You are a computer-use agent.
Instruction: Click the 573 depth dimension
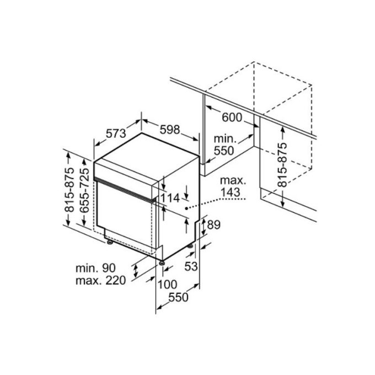[x=116, y=133]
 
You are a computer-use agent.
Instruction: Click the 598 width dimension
[x=170, y=130]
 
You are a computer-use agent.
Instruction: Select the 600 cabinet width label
[x=233, y=117]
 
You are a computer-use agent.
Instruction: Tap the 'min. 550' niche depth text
[x=224, y=144]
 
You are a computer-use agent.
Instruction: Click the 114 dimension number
[x=171, y=197]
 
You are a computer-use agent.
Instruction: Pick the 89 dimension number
[x=215, y=224]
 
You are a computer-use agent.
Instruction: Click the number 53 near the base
[x=191, y=266]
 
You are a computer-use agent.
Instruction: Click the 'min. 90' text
[x=96, y=268]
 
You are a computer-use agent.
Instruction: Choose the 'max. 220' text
[x=101, y=280]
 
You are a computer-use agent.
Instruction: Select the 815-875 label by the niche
[x=283, y=165]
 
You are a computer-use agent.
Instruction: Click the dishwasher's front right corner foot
[x=161, y=263]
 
